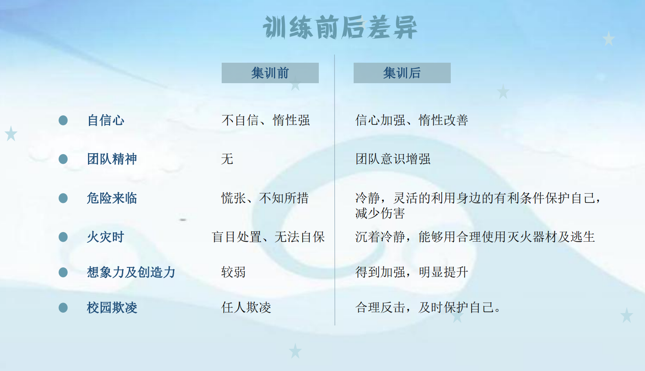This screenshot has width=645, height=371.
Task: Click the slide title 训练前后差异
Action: click(x=340, y=27)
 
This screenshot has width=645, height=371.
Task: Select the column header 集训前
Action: click(x=270, y=73)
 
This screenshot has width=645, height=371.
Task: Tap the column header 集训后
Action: click(x=402, y=73)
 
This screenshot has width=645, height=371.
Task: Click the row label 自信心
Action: click(x=106, y=120)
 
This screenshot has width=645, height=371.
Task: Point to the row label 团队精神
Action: click(x=112, y=159)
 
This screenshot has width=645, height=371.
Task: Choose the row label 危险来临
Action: click(x=112, y=198)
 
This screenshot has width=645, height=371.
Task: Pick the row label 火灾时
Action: click(x=106, y=237)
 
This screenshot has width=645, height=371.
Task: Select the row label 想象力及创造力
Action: click(x=131, y=272)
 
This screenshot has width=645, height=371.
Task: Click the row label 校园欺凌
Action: click(x=112, y=308)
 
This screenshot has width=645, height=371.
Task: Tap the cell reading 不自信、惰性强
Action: click(x=266, y=120)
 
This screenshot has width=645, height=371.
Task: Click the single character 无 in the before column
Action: click(x=227, y=159)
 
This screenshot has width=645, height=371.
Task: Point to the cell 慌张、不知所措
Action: click(x=265, y=198)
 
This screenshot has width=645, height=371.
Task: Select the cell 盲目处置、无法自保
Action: click(x=268, y=237)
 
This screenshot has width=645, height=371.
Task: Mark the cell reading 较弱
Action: click(x=233, y=272)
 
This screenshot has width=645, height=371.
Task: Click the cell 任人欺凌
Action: click(x=246, y=308)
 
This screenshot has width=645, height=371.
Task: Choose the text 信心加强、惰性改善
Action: click(x=412, y=120)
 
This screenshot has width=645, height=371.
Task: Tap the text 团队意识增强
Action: click(x=393, y=159)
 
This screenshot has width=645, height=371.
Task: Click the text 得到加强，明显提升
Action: click(x=412, y=272)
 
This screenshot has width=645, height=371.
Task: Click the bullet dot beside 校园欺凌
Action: click(x=63, y=308)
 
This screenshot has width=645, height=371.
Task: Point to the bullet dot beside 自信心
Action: click(x=63, y=120)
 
